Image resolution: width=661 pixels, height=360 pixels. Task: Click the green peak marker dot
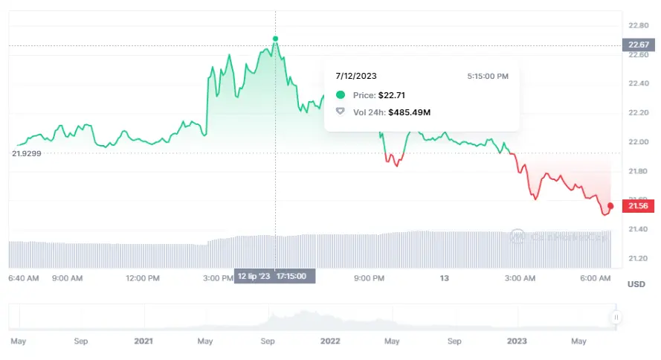point(276,38)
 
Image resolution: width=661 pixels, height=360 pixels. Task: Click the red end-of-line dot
point(610,205)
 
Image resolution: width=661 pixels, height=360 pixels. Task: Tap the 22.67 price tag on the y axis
point(638,45)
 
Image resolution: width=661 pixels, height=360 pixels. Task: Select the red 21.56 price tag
point(638,206)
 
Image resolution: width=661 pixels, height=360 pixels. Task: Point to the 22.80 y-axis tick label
point(638,25)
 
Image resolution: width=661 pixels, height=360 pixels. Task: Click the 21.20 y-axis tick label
point(638,258)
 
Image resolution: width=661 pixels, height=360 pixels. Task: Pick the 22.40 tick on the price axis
point(638,83)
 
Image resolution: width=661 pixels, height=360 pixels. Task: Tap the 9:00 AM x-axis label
point(67,278)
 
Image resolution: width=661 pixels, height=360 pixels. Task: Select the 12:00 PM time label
point(143,278)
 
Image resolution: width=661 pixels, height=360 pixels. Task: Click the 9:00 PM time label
point(369,278)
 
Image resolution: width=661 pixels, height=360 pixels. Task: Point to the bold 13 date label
point(445,278)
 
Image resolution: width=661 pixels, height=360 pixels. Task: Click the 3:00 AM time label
point(520,278)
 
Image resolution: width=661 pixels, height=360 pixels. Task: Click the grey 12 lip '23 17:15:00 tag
point(275,277)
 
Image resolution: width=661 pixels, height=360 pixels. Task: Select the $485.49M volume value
point(409,112)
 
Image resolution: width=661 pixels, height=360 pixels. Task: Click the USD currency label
point(636,284)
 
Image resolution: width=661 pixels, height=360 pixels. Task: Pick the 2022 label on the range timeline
point(329,341)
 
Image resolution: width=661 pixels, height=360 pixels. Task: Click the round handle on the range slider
point(616,318)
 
